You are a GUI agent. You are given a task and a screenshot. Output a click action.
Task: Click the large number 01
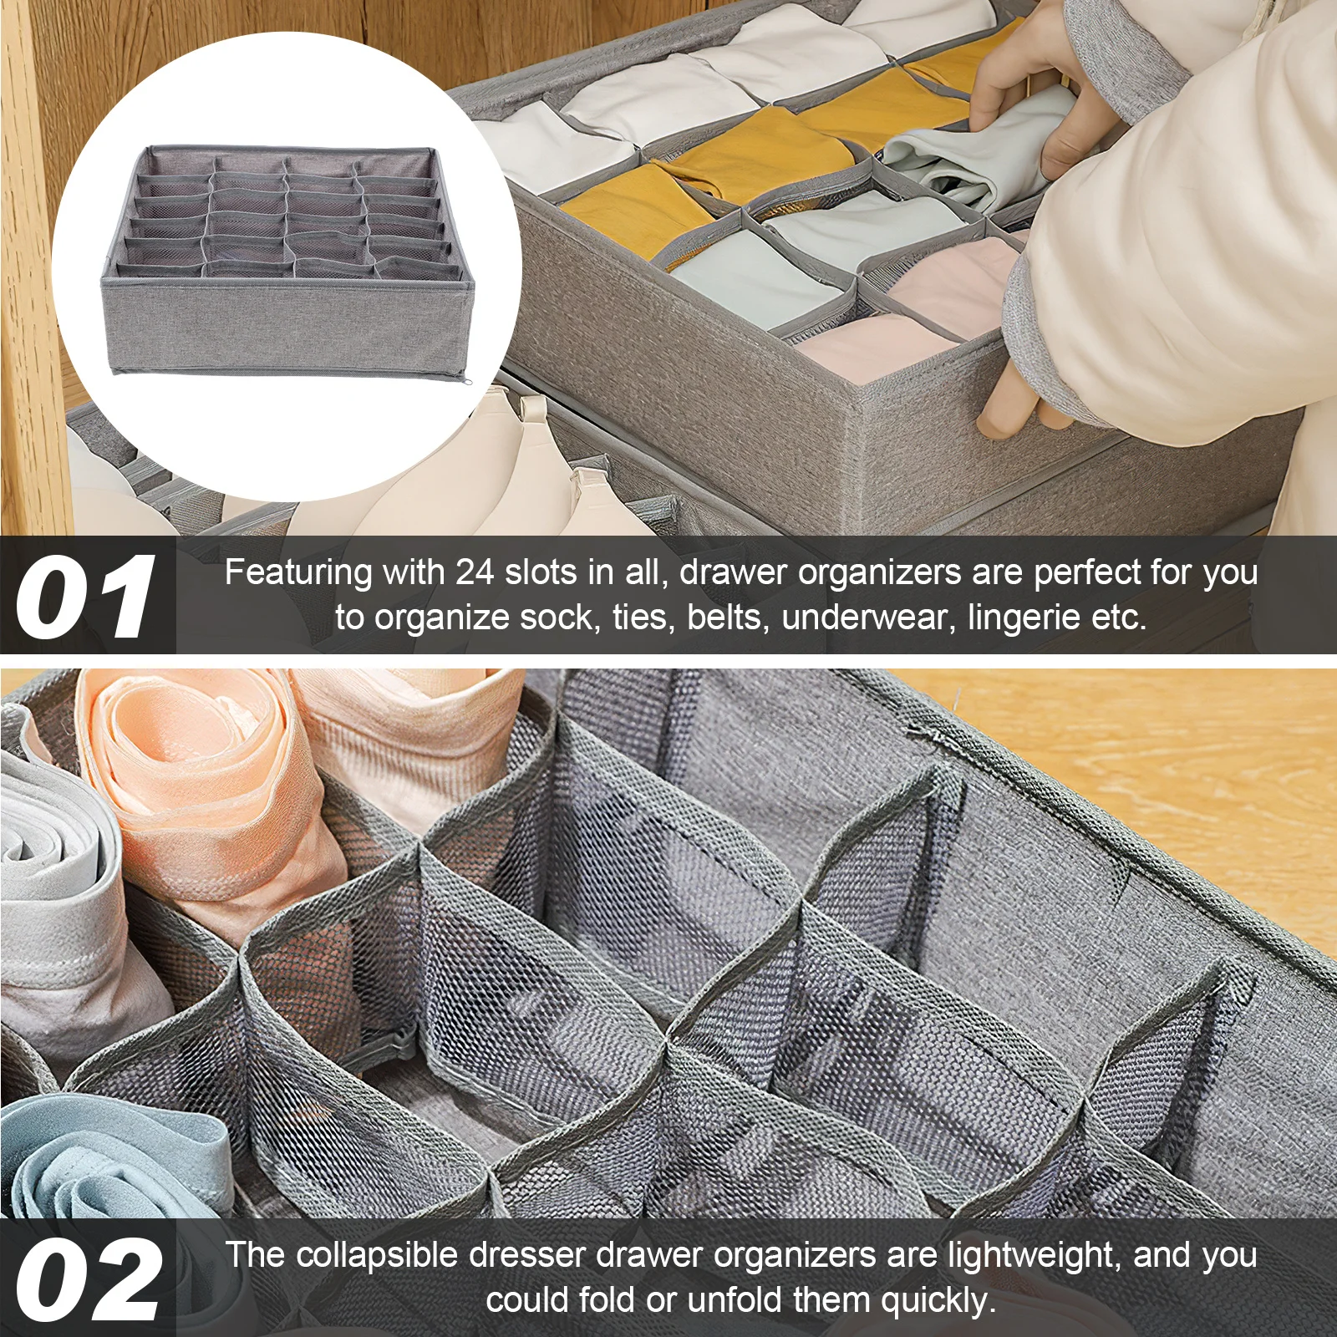click(x=85, y=597)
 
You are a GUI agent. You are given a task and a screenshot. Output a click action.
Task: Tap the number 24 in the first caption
click(x=475, y=573)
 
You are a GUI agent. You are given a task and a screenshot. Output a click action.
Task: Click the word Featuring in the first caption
click(x=298, y=573)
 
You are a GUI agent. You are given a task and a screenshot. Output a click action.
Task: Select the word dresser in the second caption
click(x=528, y=1255)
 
